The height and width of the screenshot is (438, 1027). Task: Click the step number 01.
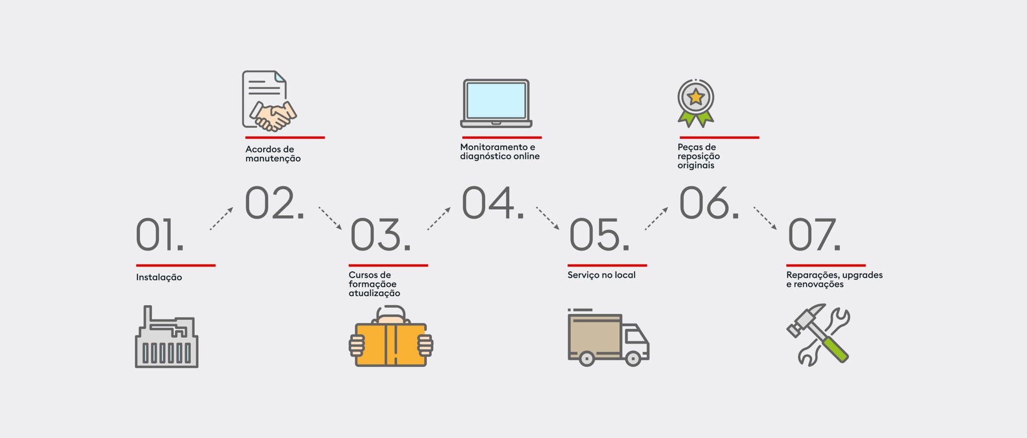coord(159,234)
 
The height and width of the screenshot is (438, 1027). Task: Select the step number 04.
coord(493,202)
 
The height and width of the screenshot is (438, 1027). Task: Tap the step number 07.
coord(814,234)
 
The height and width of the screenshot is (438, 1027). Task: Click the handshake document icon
coord(269,101)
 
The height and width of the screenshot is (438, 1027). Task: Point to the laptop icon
coord(496,104)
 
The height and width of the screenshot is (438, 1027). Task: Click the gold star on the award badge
coord(695,97)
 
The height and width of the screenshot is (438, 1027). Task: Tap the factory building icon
coord(166,337)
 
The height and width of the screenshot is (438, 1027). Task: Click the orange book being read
coord(391,345)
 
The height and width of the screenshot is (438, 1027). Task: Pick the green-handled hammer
coord(817,333)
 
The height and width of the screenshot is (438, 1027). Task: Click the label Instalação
coord(159,277)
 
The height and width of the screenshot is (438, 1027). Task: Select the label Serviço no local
coord(601,275)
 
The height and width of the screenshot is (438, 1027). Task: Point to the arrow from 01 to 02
coord(221,218)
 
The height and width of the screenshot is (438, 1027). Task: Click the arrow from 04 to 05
coord(548,218)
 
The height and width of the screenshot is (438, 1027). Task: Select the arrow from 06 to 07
coord(765,218)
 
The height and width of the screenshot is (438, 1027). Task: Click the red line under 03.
coord(388,265)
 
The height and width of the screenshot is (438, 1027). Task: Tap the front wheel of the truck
coord(633,358)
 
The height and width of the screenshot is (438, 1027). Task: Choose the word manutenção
coord(273,159)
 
